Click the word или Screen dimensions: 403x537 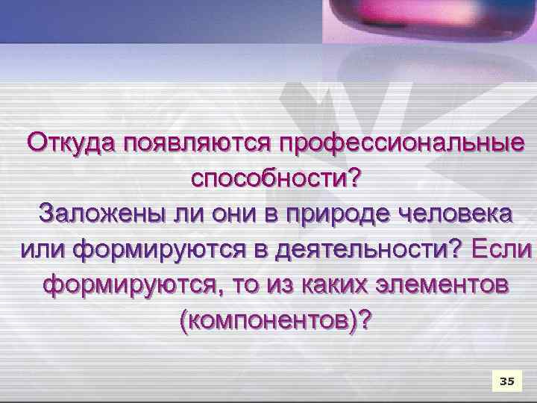point(42,251)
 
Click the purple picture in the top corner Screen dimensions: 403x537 point(428,21)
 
